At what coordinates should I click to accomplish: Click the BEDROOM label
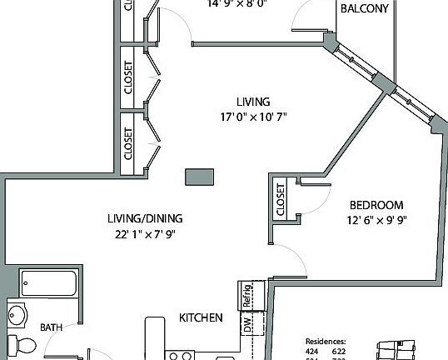coord(376,205)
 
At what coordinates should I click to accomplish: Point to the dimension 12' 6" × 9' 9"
coord(376,220)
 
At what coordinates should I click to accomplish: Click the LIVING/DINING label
coord(144,218)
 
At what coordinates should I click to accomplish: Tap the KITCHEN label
coord(201,317)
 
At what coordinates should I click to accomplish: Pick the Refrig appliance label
coord(247,294)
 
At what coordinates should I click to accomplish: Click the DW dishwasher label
coord(247,323)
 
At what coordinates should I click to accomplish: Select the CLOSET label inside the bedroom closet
coord(280,200)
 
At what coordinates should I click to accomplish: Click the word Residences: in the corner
coord(326,341)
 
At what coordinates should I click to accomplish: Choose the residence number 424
coord(312,351)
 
